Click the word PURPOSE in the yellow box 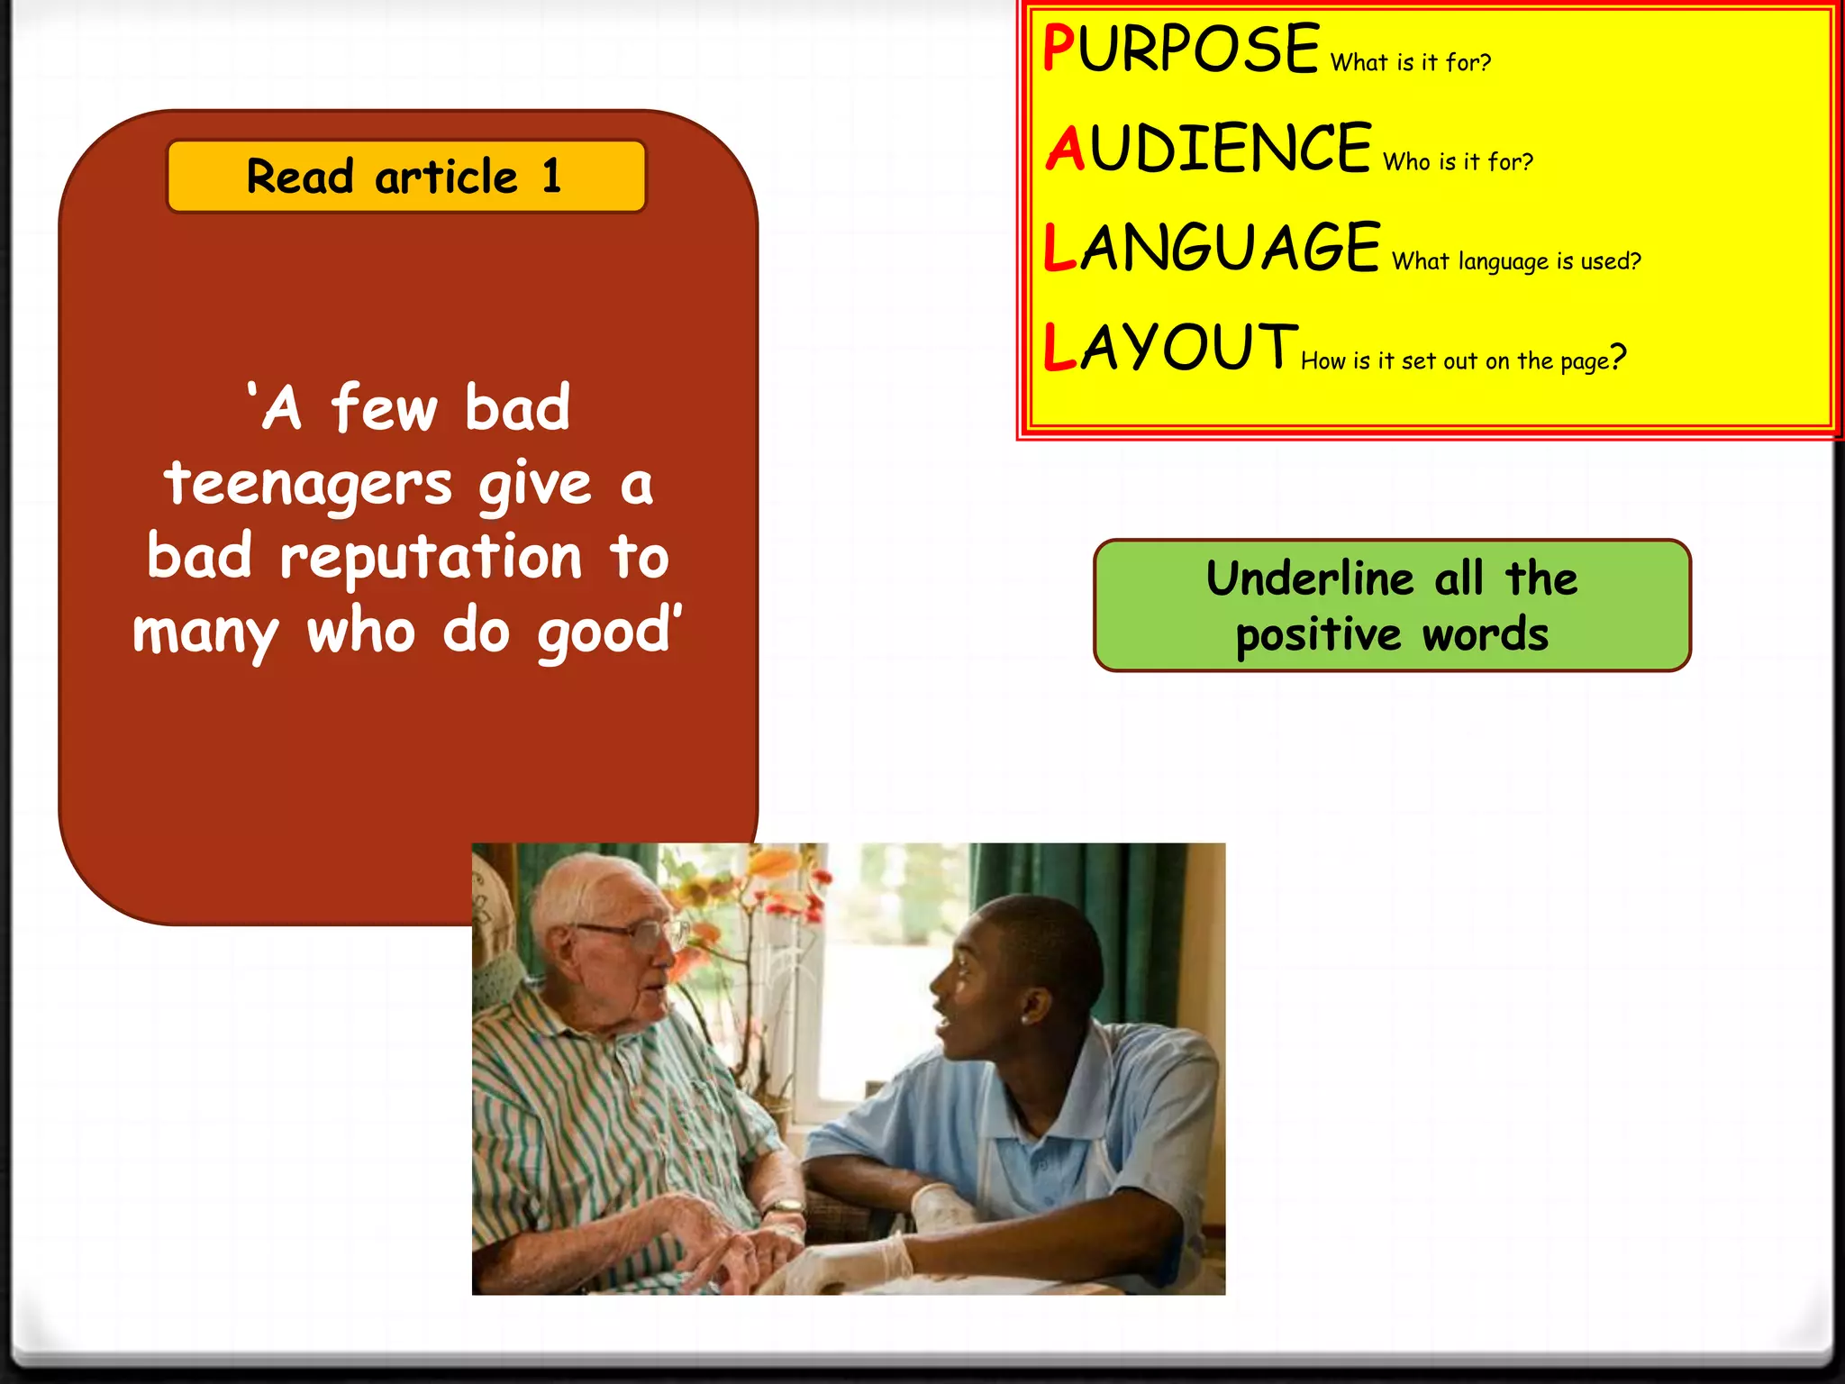tap(1180, 49)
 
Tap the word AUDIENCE tap(1208, 149)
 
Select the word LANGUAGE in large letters tap(1212, 248)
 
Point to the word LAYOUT tap(1169, 348)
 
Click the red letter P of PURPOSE tap(1058, 49)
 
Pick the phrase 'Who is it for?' tap(1458, 162)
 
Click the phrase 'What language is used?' tap(1516, 262)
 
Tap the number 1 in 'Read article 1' tap(551, 176)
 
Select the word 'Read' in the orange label tap(300, 177)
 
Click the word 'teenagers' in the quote tap(308, 485)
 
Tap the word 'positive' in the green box tap(1318, 636)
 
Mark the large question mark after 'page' tap(1618, 358)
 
